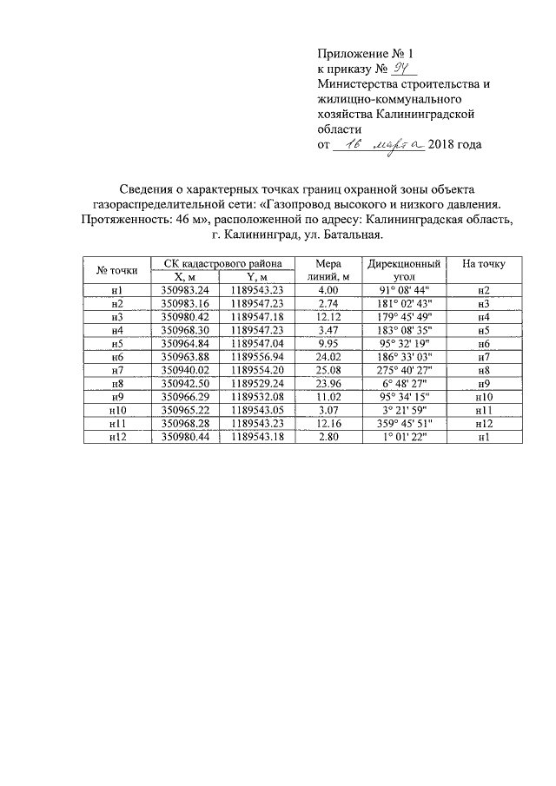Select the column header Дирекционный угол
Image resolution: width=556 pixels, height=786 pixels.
[404, 269]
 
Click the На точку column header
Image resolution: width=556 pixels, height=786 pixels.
[484, 263]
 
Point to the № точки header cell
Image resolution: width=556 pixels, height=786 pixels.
[117, 269]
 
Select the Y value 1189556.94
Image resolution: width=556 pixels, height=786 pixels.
[258, 357]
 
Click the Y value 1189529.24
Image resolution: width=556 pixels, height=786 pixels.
[258, 384]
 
